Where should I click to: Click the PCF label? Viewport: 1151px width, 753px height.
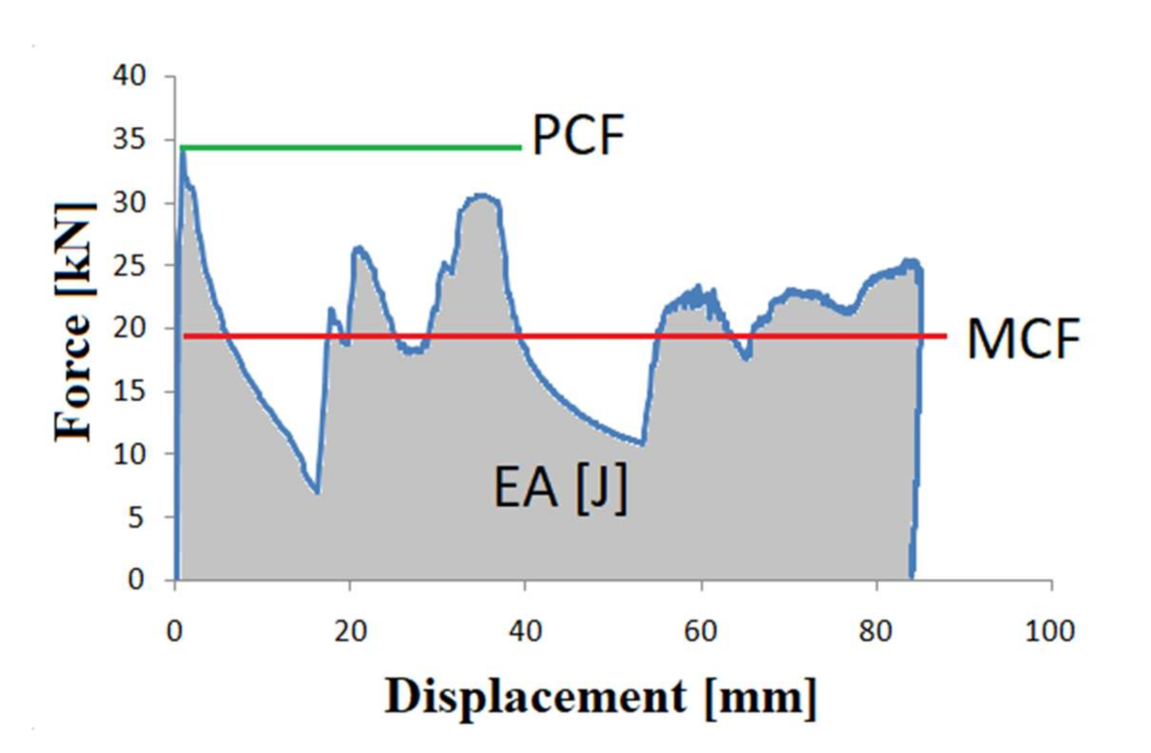(x=578, y=136)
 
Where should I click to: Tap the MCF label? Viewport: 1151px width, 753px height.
(x=1023, y=340)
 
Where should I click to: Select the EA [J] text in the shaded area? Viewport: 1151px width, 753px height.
(x=560, y=489)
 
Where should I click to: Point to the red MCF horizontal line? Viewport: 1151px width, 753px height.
(x=568, y=336)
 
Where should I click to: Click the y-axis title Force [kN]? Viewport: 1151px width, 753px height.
(x=75, y=322)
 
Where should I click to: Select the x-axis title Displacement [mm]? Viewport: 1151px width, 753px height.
(x=600, y=697)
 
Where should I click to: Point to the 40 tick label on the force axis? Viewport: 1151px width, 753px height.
(x=129, y=76)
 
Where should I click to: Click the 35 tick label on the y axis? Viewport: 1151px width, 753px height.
(x=129, y=139)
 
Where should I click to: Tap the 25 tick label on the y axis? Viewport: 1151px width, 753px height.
(x=129, y=265)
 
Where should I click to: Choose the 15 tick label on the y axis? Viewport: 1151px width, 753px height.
(x=129, y=391)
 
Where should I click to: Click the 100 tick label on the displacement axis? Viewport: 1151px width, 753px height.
(x=1049, y=631)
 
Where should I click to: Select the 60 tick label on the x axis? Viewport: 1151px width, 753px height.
(x=700, y=631)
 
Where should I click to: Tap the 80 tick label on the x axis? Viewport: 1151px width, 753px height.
(x=875, y=631)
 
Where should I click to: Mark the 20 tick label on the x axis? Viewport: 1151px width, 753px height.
(x=350, y=631)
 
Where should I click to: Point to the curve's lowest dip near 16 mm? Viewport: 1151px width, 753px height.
(x=316, y=492)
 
